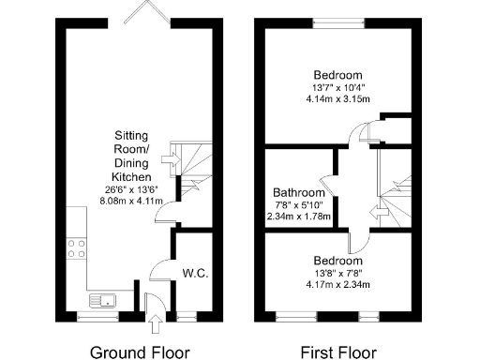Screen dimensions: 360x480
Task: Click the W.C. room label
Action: (195, 273)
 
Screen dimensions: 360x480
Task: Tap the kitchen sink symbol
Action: (102, 301)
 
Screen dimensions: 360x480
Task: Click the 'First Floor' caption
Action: (338, 352)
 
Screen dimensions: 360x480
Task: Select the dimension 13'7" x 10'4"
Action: (337, 87)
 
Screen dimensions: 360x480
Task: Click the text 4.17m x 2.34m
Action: (337, 284)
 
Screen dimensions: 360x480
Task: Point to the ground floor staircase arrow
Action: (170, 160)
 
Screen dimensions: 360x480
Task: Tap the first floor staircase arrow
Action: (380, 215)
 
